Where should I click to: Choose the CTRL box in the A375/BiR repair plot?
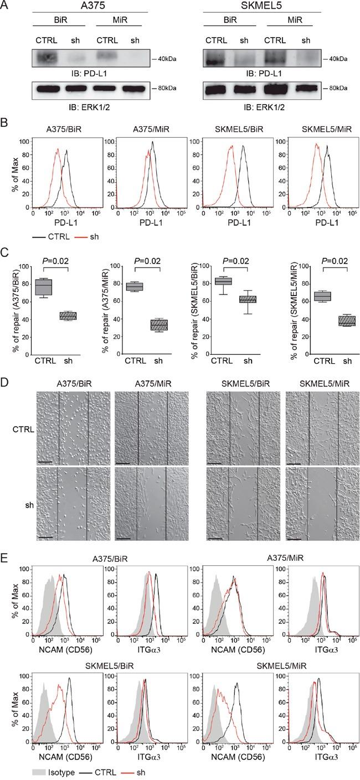pyautogui.click(x=43, y=287)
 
